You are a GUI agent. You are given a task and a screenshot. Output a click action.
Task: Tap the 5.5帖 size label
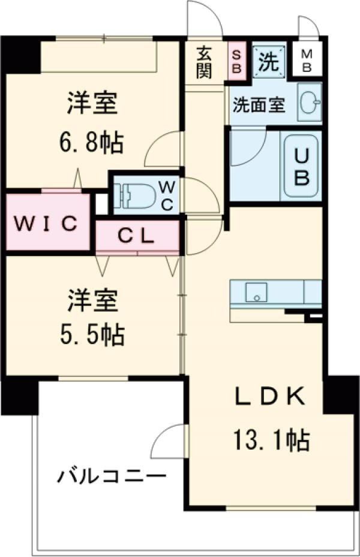pyautogui.click(x=92, y=335)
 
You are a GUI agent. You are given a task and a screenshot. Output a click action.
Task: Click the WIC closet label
pyautogui.click(x=46, y=224)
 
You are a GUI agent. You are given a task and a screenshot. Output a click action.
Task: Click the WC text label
pyautogui.click(x=166, y=196)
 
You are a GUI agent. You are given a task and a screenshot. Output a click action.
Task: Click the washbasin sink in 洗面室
pyautogui.click(x=309, y=103)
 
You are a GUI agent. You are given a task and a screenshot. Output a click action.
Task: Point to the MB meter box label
pyautogui.click(x=306, y=61)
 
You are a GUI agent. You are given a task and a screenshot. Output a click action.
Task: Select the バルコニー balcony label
pyautogui.click(x=112, y=477)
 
